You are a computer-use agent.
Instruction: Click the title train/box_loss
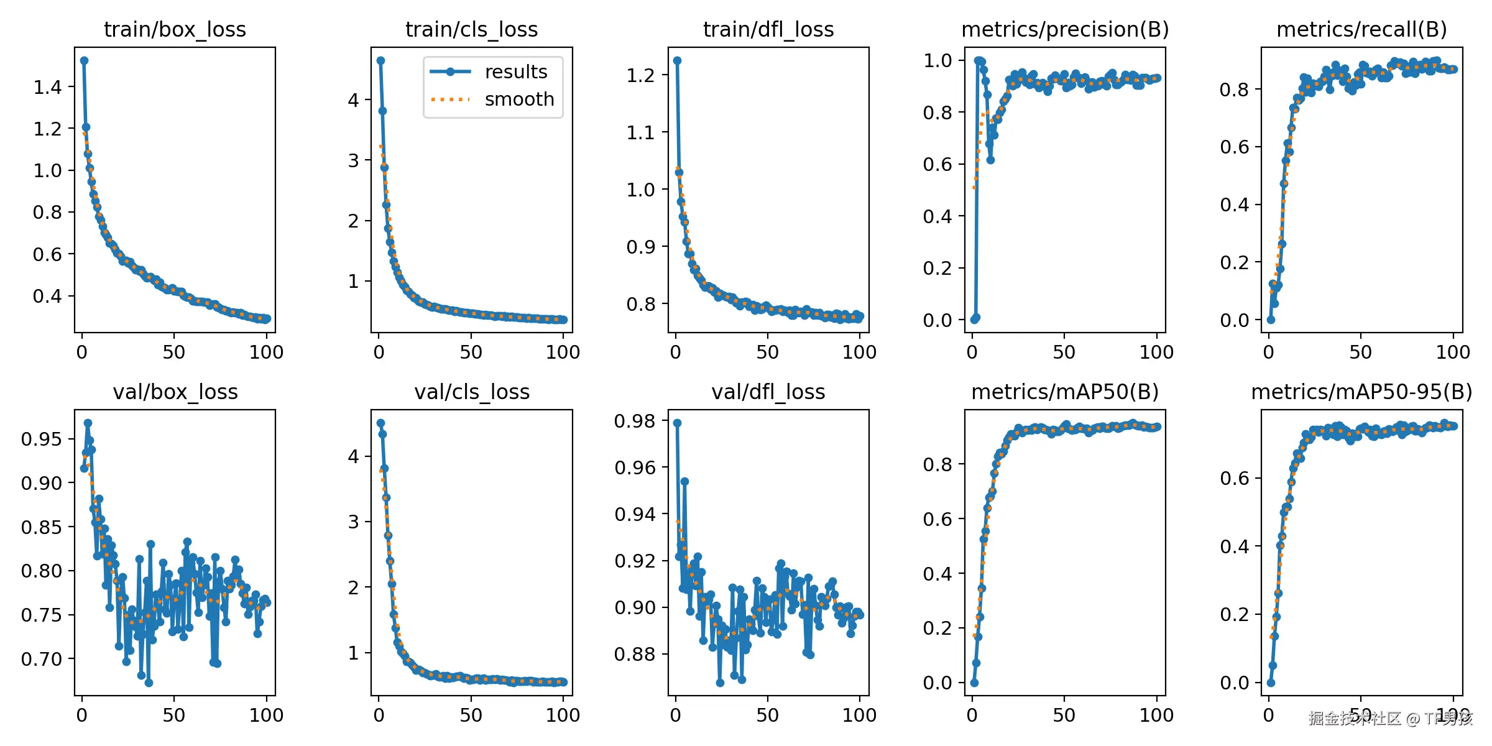pyautogui.click(x=175, y=29)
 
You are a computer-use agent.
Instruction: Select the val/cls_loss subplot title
pyautogui.click(x=472, y=392)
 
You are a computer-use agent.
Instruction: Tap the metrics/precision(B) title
pyautogui.click(x=1065, y=29)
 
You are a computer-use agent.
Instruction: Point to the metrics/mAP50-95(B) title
pyautogui.click(x=1361, y=392)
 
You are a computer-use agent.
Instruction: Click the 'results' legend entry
pyautogui.click(x=516, y=71)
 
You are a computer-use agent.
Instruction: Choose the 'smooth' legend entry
pyautogui.click(x=519, y=99)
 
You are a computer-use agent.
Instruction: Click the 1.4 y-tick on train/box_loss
pyautogui.click(x=48, y=88)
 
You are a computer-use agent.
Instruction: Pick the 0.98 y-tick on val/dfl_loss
pyautogui.click(x=635, y=421)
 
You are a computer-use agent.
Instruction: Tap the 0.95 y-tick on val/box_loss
pyautogui.click(x=42, y=439)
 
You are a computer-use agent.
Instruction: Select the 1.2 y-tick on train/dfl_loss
pyautogui.click(x=640, y=75)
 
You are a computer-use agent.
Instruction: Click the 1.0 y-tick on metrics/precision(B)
pyautogui.click(x=937, y=60)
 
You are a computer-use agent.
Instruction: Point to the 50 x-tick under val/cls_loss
pyautogui.click(x=471, y=715)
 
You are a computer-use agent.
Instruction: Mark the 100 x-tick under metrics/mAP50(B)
pyautogui.click(x=1156, y=715)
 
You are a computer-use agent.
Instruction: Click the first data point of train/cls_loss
pyautogui.click(x=380, y=60)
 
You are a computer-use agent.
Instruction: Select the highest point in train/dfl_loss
pyautogui.click(x=677, y=60)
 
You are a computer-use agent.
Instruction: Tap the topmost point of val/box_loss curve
pyautogui.click(x=88, y=423)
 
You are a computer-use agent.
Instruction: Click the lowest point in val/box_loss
pyautogui.click(x=149, y=683)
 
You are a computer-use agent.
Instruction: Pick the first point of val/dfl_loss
pyautogui.click(x=677, y=423)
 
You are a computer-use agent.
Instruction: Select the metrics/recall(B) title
pyautogui.click(x=1361, y=29)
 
